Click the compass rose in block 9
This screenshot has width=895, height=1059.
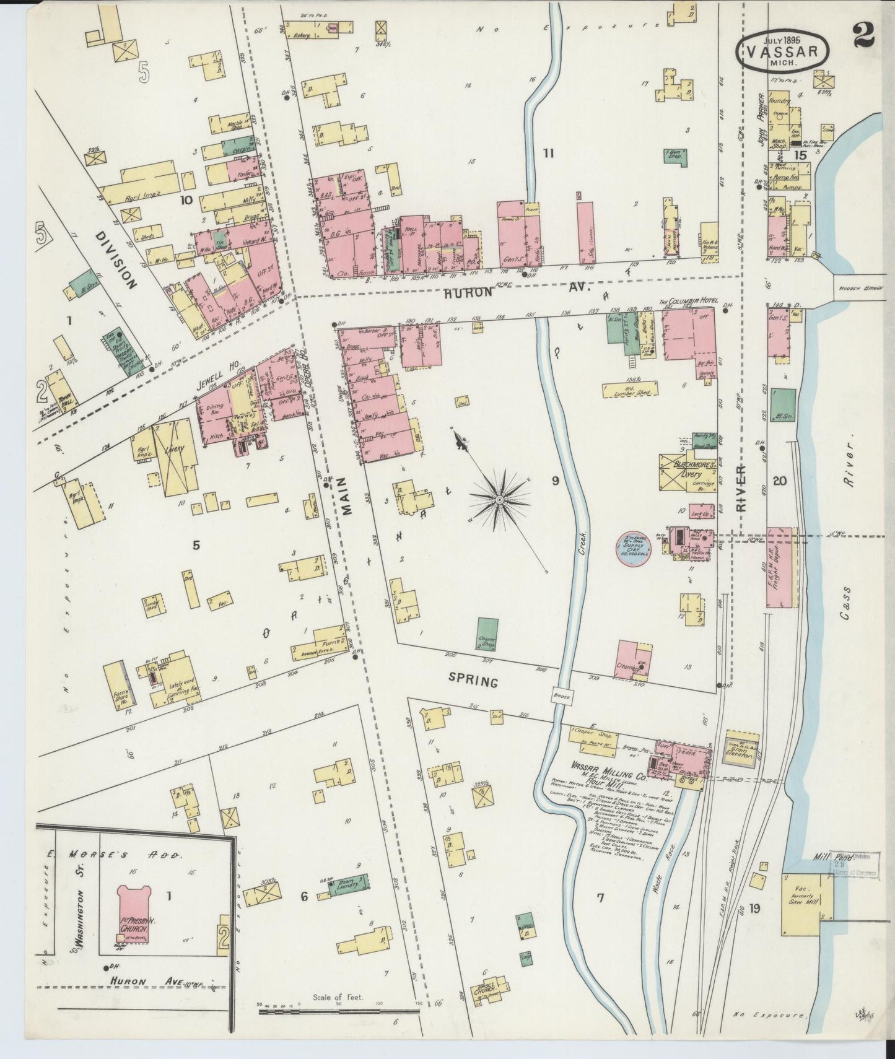click(499, 498)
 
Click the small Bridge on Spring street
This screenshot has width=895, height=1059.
click(564, 695)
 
